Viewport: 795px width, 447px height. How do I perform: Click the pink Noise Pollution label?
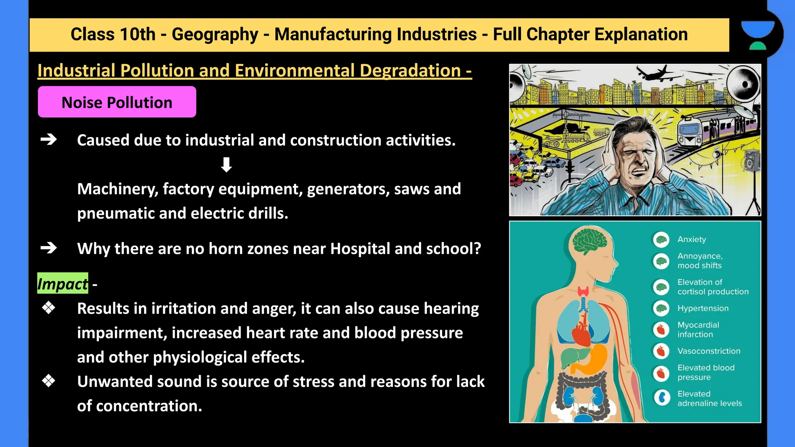pos(117,102)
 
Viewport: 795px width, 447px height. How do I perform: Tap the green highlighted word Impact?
pos(62,284)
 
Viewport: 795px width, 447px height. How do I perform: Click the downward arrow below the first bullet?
pos(226,165)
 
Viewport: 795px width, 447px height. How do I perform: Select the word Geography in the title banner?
pos(215,34)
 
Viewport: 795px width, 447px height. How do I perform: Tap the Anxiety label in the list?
pos(691,239)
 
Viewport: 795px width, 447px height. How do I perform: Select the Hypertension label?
pos(703,308)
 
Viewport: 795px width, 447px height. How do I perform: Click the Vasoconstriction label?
pos(708,351)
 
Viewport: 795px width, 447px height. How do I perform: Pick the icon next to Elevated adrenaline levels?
pos(662,398)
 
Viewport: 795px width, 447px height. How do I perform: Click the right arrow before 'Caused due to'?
pos(49,139)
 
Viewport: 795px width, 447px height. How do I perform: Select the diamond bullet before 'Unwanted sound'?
pos(49,381)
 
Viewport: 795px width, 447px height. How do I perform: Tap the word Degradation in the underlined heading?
pos(410,71)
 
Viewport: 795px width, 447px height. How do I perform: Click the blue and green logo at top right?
pos(757,35)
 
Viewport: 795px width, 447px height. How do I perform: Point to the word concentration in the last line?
pos(149,406)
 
